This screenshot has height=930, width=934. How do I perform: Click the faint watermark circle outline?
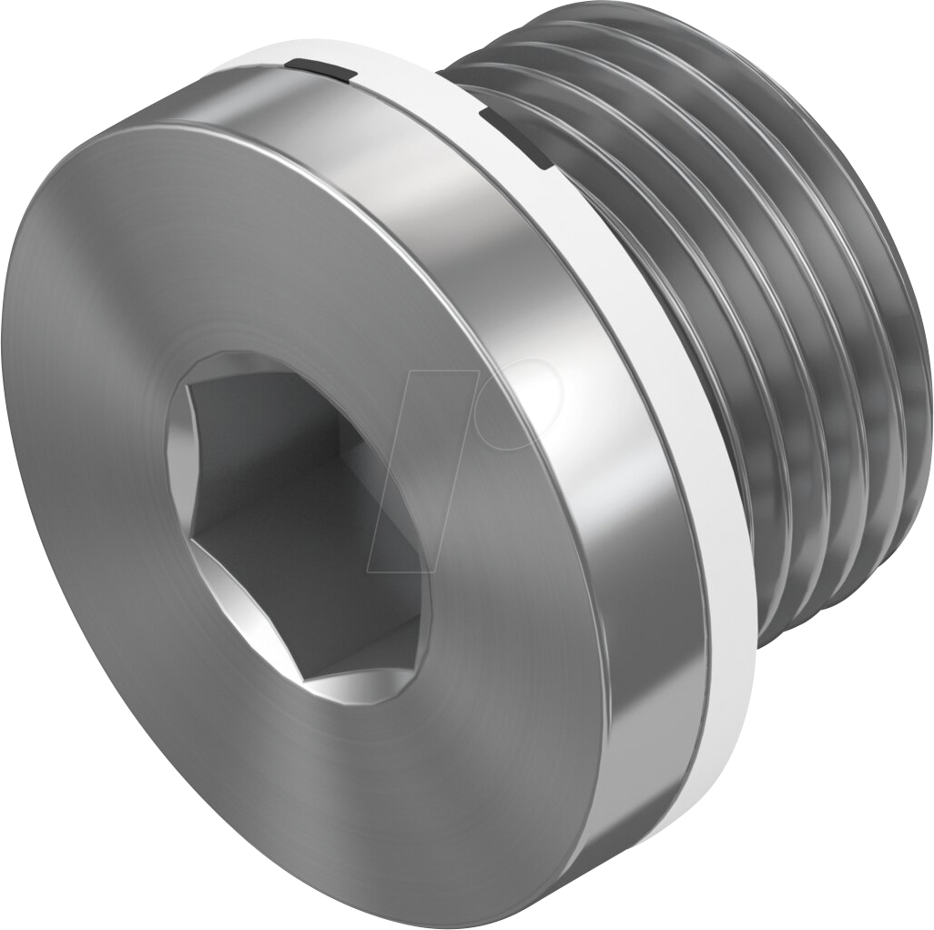click(523, 401)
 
